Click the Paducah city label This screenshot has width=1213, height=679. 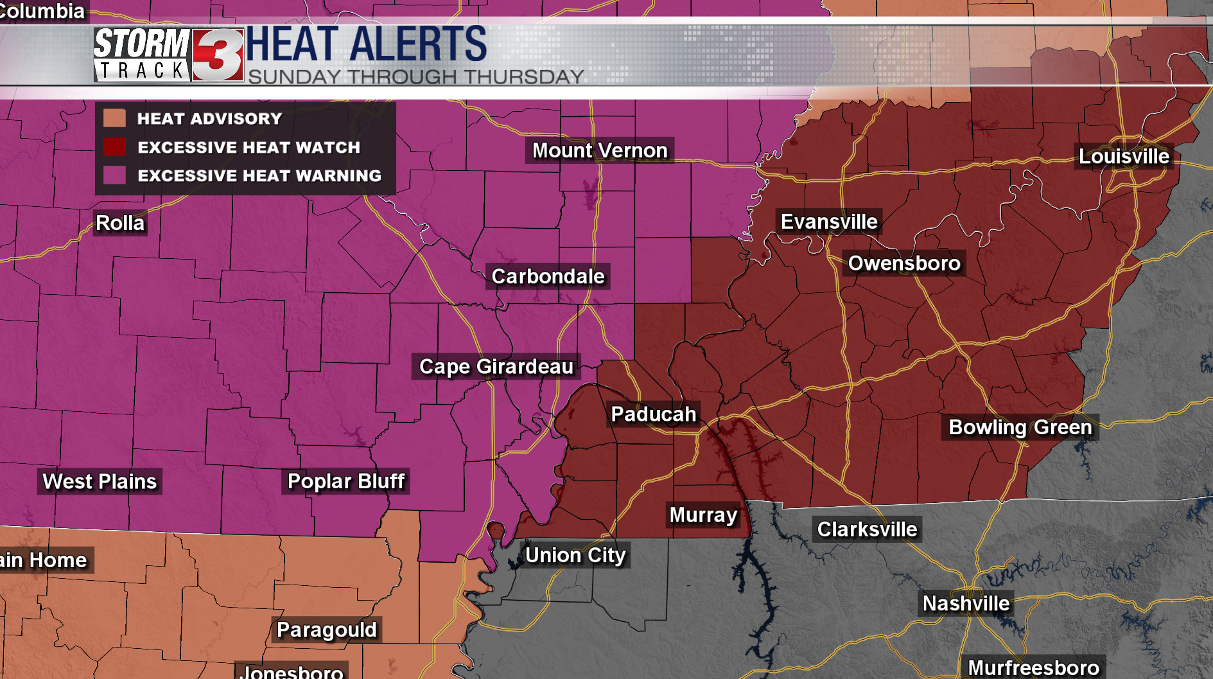point(653,414)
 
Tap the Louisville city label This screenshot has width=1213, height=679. point(1124,156)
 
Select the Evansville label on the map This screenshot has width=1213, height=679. point(828,222)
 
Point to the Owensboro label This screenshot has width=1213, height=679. point(904,263)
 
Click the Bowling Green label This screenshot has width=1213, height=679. point(1020,427)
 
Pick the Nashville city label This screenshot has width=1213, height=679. point(966,603)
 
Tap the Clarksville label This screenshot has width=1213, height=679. point(867,529)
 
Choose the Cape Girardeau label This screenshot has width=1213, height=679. point(496,366)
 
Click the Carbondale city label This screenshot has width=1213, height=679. point(548,276)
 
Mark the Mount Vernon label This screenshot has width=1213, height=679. point(600,150)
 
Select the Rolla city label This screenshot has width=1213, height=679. point(120,223)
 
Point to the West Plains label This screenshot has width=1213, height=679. point(100,481)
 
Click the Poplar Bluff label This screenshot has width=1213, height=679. point(345,481)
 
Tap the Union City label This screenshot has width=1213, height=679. point(575,555)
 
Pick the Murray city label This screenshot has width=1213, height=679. point(703,515)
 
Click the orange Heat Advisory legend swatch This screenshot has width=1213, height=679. point(114,118)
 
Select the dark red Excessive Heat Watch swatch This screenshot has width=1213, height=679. point(114,147)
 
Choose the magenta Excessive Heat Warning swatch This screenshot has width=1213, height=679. point(114,175)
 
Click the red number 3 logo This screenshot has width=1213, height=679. point(218,55)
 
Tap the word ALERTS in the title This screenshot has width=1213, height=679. point(418,44)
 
